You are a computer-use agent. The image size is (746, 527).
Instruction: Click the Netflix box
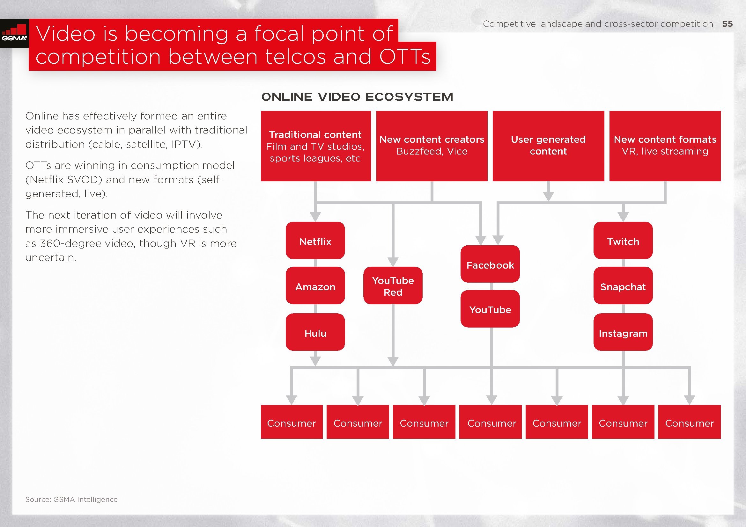315,241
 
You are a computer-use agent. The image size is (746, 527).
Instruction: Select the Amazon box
315,285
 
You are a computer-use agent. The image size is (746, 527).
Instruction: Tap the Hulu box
315,332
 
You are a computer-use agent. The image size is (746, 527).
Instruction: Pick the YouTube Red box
393,285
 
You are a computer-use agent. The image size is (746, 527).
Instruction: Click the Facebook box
490,264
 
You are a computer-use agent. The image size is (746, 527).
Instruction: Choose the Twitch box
623,241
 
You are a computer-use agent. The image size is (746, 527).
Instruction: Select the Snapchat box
623,285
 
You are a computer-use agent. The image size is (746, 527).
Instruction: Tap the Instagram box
623,332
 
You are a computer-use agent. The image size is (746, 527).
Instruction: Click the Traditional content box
316,146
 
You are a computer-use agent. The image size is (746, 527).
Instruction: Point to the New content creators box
432,146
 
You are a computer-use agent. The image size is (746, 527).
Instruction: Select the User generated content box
549,146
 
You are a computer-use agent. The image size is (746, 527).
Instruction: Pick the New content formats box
665,146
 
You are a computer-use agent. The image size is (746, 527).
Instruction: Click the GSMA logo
14,33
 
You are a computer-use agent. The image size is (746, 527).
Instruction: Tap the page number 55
728,24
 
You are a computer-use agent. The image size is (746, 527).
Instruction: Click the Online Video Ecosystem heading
357,97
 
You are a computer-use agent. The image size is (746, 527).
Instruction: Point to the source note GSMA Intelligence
71,499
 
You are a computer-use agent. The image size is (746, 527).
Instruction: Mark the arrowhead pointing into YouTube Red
393,262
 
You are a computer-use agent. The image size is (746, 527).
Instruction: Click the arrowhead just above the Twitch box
623,217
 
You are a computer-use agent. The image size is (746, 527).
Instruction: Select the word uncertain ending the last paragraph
51,258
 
